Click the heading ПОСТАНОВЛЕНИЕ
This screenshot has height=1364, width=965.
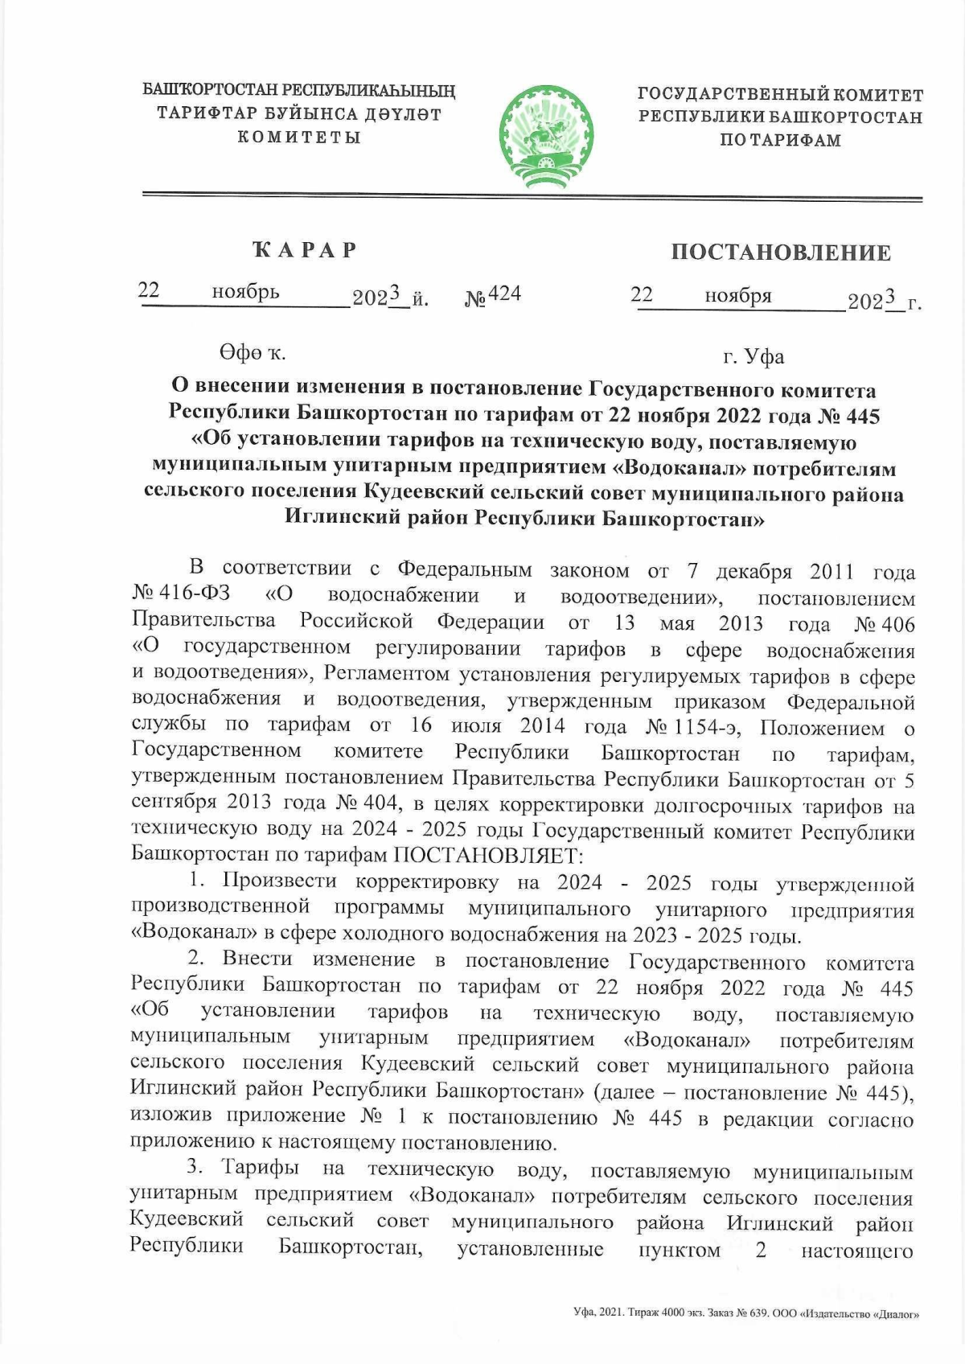point(781,253)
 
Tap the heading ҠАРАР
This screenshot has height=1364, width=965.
point(305,249)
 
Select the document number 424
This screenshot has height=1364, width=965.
point(505,294)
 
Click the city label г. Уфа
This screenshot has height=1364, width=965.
point(754,356)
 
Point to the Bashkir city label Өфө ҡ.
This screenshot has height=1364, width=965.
point(252,352)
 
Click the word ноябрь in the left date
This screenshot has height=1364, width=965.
point(245,292)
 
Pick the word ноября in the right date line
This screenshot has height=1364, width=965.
point(738,296)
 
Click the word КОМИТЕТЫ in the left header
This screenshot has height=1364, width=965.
point(298,138)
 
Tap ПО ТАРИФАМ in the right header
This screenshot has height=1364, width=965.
point(780,141)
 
